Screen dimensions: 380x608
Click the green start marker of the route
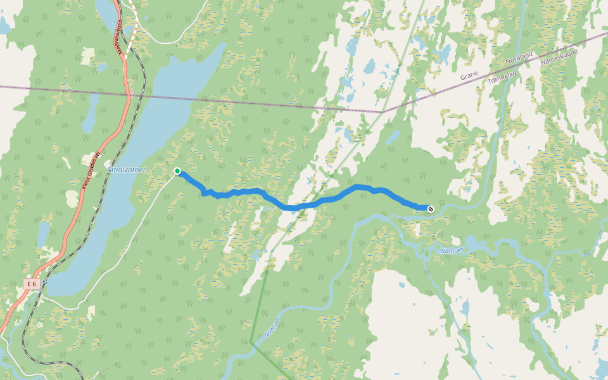177,171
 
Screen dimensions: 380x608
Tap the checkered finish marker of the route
431,208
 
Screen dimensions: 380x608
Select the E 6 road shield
32,284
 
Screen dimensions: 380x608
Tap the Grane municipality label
469,75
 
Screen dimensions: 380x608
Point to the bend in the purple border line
383,112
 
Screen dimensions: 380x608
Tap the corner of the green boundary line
251,343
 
